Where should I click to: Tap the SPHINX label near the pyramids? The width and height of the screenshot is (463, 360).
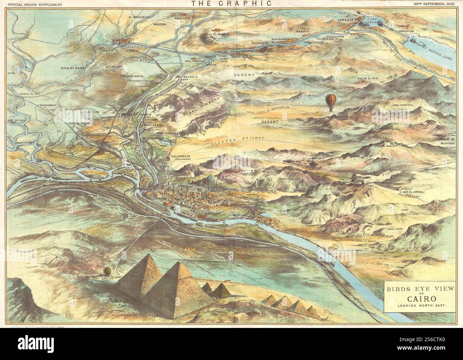tap(108, 279)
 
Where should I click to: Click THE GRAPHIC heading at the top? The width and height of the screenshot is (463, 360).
tap(231, 4)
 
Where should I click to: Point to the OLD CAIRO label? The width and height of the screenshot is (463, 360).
tap(211, 213)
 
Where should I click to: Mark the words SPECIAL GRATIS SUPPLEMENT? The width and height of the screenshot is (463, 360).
tap(32, 4)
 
